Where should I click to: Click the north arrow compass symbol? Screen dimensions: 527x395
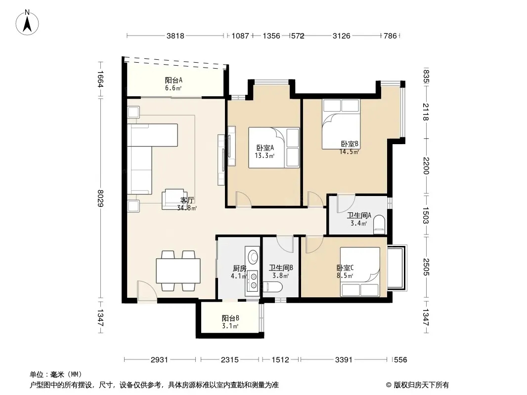click(27, 23)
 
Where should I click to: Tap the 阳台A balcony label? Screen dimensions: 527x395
click(174, 80)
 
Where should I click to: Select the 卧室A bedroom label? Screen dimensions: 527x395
click(265, 148)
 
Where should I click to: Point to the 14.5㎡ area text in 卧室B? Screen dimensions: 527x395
click(349, 152)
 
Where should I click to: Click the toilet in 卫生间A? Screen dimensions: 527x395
click(379, 225)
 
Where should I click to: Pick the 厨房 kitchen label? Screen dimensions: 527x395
click(240, 269)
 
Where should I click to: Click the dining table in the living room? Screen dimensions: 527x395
click(178, 271)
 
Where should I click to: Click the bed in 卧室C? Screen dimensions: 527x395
click(360, 272)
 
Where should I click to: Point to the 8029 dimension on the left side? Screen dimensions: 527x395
click(100, 198)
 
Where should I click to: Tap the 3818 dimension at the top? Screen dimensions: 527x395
click(176, 36)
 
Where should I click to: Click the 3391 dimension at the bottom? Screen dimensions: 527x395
click(344, 360)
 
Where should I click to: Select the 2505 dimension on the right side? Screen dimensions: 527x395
click(426, 267)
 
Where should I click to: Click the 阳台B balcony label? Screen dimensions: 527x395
click(230, 318)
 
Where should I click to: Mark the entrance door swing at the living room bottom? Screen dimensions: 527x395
click(147, 291)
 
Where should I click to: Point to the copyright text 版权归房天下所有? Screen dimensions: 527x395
click(421, 385)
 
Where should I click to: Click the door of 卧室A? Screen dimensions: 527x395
click(243, 199)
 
